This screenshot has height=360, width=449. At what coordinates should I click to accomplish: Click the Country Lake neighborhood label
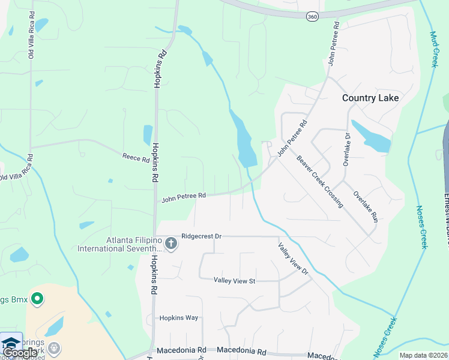point(370,98)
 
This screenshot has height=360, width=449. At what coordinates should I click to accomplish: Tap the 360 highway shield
point(312,17)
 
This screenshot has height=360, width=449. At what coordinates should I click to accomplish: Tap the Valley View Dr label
point(293,259)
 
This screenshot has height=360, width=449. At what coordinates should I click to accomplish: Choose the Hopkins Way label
point(178,317)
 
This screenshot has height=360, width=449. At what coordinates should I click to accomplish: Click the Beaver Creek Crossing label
point(320,182)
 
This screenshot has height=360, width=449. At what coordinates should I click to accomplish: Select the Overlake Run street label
point(365,205)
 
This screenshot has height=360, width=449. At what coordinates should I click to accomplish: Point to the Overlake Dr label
point(346,148)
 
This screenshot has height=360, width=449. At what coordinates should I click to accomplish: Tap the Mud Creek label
point(433,49)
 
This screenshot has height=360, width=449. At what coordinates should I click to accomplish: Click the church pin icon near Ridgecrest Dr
point(171,243)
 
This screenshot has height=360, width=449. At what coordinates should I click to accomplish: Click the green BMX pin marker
point(37,298)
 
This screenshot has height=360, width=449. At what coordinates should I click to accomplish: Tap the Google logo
point(19,353)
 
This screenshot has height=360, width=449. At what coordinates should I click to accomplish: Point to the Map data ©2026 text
point(423,355)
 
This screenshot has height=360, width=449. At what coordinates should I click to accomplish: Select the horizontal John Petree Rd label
point(184,196)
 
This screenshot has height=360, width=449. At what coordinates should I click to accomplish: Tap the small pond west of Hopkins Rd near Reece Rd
point(148,135)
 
